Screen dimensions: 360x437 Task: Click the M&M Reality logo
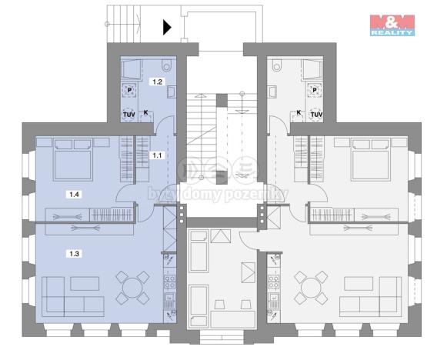(x=392, y=25)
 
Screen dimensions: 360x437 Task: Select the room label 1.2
(x=158, y=81)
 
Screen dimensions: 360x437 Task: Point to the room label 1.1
(x=157, y=155)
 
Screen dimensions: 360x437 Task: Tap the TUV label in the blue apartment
(x=128, y=115)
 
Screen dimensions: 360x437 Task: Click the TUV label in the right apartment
(x=315, y=115)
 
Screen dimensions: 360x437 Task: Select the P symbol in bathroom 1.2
(x=128, y=89)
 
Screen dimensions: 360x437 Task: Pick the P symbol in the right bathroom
(x=315, y=89)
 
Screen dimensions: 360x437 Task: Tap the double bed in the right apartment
(x=372, y=159)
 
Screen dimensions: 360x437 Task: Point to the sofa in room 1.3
(x=65, y=295)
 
